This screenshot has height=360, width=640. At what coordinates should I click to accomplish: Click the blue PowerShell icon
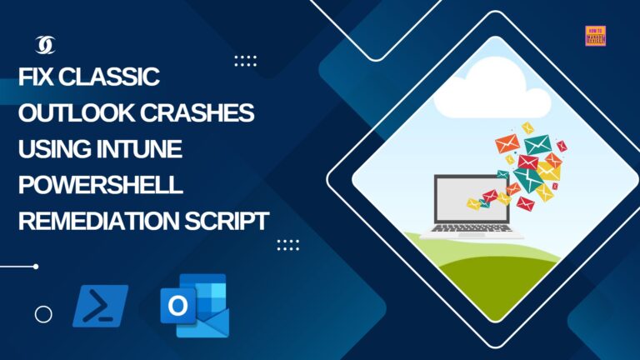click(x=100, y=305)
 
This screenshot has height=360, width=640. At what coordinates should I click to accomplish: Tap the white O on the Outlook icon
click(x=177, y=306)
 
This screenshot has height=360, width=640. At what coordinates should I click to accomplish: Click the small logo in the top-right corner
click(x=595, y=36)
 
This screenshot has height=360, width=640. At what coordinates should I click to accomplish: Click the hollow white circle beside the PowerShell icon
click(x=43, y=314)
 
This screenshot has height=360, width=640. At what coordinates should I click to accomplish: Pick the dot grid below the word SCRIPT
click(x=287, y=244)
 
